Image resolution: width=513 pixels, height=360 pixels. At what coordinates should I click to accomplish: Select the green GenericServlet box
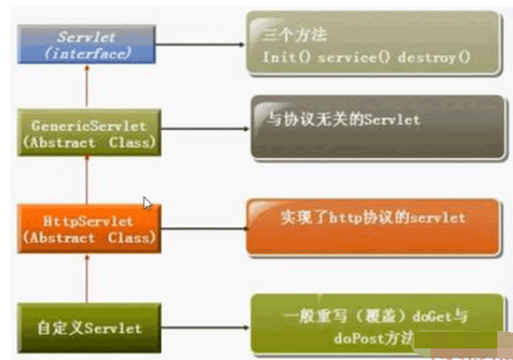(88, 134)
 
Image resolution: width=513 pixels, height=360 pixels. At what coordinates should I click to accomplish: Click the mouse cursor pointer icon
(148, 203)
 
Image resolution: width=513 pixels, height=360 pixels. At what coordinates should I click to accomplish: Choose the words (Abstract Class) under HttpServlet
(87, 237)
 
